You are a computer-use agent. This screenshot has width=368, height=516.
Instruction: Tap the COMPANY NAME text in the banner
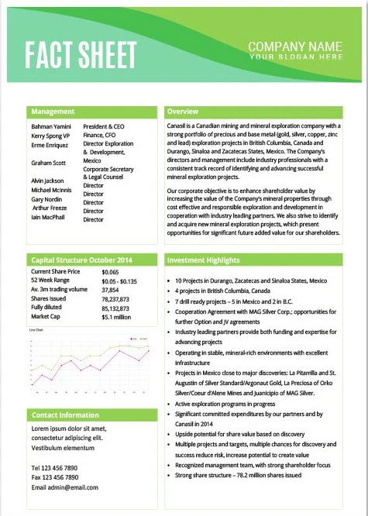point(295,46)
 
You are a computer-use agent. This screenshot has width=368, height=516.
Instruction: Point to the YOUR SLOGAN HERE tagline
point(295,57)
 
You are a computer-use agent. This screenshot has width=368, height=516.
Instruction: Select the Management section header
point(53,112)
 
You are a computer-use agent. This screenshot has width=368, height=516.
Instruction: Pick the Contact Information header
point(66,415)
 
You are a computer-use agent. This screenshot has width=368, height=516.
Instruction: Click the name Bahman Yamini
point(51,126)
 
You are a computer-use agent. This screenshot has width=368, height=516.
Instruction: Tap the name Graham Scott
point(49,163)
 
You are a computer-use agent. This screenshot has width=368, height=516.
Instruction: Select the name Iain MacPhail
point(48,218)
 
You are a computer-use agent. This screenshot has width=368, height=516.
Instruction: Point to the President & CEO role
point(104,126)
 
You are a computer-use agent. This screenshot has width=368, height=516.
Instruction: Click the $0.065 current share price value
point(110,273)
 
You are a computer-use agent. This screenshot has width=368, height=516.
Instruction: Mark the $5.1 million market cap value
point(116,316)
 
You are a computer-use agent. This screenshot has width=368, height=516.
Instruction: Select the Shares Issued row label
point(48,298)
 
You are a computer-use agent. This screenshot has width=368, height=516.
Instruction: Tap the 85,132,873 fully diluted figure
point(115,308)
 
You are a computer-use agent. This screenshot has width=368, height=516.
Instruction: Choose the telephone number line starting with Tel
point(54,468)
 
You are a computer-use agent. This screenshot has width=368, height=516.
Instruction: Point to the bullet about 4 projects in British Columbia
point(218,291)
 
